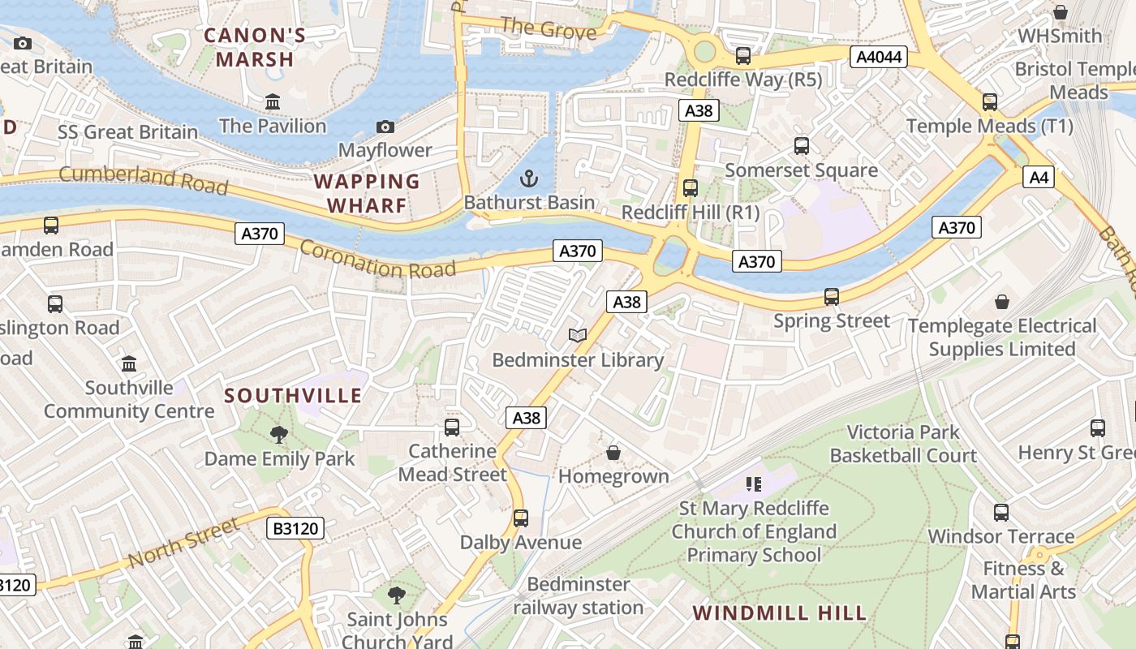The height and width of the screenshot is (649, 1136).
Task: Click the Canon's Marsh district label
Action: (x=255, y=47)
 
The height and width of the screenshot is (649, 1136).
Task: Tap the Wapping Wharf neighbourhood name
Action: (x=367, y=193)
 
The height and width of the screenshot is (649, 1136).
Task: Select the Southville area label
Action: (x=293, y=396)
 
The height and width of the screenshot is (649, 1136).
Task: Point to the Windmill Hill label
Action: (x=780, y=612)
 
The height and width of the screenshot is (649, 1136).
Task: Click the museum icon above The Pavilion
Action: (x=273, y=102)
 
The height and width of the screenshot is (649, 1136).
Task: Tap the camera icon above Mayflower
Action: (x=385, y=127)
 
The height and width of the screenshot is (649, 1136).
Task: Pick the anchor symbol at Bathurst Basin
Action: (x=529, y=178)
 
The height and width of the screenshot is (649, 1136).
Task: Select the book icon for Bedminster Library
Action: (x=577, y=335)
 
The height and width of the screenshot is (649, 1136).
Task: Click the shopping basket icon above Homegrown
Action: (x=613, y=452)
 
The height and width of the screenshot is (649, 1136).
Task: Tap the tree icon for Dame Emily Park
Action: (x=279, y=435)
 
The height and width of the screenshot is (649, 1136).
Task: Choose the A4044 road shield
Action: (x=877, y=58)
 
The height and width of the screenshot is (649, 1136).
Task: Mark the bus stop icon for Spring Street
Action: (x=832, y=297)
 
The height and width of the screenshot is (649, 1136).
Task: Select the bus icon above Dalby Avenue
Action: (x=521, y=518)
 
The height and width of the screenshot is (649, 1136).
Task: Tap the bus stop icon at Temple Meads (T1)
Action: (x=990, y=102)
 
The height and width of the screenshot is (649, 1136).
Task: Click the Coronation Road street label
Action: (x=377, y=259)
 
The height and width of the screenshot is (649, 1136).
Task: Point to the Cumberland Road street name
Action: (x=144, y=178)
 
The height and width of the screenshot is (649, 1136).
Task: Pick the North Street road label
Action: (x=183, y=542)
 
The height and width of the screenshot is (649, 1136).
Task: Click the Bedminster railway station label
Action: (x=579, y=595)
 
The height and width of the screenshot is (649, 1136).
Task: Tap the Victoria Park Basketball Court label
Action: (x=903, y=444)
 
